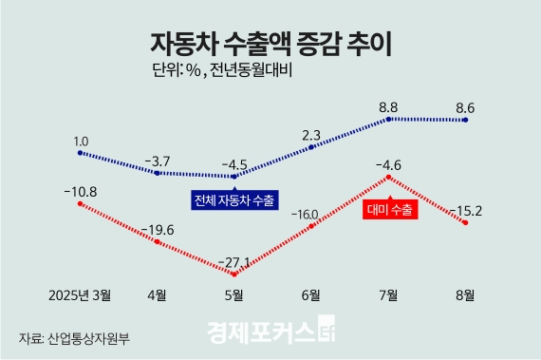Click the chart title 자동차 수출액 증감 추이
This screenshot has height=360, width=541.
270,43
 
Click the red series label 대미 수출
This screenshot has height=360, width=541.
389,210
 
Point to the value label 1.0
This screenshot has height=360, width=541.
81,141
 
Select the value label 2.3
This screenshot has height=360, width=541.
311,134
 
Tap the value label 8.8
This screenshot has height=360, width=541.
388,107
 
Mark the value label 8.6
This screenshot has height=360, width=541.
465,107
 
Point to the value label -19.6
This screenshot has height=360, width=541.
157,229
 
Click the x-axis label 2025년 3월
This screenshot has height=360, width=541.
80,294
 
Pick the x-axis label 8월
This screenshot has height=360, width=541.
465,294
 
